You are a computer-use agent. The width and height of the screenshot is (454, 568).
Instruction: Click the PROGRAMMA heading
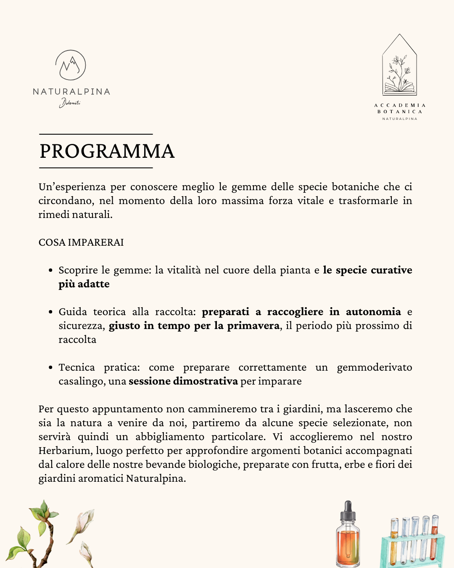107,151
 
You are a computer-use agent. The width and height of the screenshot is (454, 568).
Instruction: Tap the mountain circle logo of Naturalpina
71,65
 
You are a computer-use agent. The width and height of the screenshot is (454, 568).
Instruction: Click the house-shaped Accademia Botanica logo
399,65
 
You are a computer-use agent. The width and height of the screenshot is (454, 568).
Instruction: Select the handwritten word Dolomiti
70,102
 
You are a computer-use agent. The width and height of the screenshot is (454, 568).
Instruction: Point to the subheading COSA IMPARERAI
81,242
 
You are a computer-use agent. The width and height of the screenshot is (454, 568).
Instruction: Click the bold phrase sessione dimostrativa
183,381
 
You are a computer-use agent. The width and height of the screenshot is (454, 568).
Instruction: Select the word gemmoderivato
374,367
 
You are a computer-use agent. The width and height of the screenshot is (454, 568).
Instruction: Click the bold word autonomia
373,312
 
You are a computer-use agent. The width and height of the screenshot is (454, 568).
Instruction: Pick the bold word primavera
253,326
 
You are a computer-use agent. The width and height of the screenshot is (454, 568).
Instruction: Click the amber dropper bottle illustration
348,543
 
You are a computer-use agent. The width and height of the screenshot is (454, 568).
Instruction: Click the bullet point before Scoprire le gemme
50,270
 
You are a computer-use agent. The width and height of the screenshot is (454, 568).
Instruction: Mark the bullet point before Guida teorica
50,312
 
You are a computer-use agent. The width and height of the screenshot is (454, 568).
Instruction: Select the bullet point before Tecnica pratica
50,367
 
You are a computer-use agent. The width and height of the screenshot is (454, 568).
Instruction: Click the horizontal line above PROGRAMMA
96,134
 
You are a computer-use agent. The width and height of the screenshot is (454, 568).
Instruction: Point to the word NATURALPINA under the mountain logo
71,92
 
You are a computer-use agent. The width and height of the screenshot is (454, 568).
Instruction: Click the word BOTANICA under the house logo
400,112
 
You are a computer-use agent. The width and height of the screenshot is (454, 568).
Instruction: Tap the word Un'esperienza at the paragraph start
72,187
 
